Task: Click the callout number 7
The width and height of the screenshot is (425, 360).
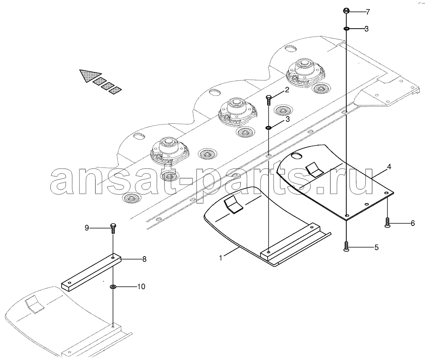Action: coord(367,12)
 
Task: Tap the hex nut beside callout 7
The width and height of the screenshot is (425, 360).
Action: coord(346,11)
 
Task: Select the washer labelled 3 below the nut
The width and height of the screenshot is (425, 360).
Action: coord(347,28)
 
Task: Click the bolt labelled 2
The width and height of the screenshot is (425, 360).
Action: coord(269,100)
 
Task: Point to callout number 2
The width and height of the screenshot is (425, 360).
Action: coord(287,90)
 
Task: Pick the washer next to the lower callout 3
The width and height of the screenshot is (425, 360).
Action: coord(268,128)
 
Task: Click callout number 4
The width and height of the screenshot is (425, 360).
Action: coord(389,167)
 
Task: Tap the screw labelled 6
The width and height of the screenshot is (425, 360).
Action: coord(387,223)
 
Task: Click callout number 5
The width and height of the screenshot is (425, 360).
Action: coord(376,247)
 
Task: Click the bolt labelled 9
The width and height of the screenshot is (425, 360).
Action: coord(113,228)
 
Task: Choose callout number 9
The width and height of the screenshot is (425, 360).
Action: coord(87,228)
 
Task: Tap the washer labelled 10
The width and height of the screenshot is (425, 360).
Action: coord(113,286)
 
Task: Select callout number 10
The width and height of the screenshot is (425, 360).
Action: coord(141,286)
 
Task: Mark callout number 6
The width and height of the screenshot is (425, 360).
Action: coord(413,223)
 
